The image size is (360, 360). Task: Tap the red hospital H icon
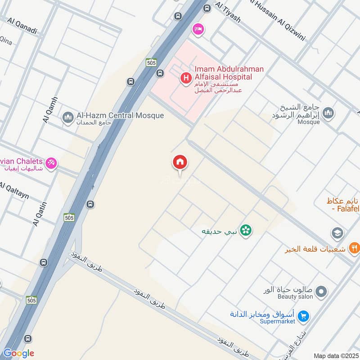pyautogui.click(x=185, y=79)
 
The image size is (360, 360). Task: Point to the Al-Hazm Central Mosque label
pyautogui.click(x=120, y=116)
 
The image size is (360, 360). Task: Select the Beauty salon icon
pyautogui.click(x=321, y=292)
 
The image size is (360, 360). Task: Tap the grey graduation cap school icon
pyautogui.click(x=337, y=233)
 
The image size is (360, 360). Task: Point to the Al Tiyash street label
pyautogui.click(x=228, y=13)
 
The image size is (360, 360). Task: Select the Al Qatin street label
pyautogui.click(x=40, y=213)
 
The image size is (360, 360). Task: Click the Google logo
pyautogui.click(x=19, y=353)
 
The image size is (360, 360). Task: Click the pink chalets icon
pyautogui.click(x=52, y=163)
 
